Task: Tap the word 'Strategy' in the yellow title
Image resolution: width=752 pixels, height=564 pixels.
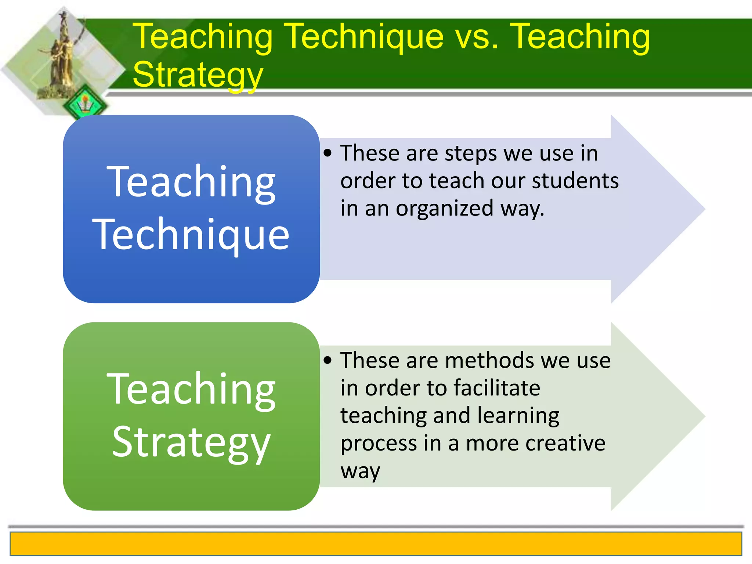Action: [x=198, y=75]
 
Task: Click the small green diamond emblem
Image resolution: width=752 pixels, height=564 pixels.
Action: [x=85, y=104]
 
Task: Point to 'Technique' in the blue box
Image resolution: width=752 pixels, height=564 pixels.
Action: [x=191, y=235]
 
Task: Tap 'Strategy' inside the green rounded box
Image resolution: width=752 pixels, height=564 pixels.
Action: [x=191, y=442]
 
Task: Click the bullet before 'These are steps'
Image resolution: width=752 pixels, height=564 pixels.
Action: [x=328, y=153]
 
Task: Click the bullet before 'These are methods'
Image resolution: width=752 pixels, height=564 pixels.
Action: [x=328, y=360]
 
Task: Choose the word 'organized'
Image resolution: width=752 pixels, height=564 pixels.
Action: [x=444, y=209]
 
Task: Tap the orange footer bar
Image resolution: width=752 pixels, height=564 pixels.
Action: [x=376, y=544]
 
